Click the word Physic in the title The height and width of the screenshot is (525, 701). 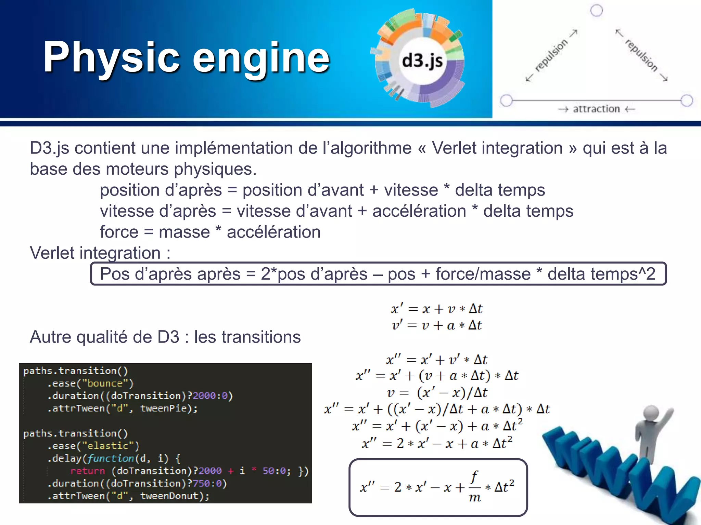coord(111,57)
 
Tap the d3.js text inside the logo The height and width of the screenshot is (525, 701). coord(422,61)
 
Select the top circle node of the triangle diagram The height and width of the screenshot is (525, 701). coord(597,11)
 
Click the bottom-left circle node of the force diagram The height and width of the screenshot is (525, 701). coord(507,100)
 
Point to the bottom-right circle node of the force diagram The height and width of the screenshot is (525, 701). coord(687,100)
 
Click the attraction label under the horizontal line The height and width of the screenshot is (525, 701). coord(596,109)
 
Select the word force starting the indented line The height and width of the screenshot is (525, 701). coord(119,232)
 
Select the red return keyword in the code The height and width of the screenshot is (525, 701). coord(87,471)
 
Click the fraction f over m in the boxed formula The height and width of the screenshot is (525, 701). coord(474,487)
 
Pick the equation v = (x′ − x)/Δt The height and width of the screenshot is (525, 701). coord(437,393)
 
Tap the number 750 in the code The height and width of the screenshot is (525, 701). coord(202,483)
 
